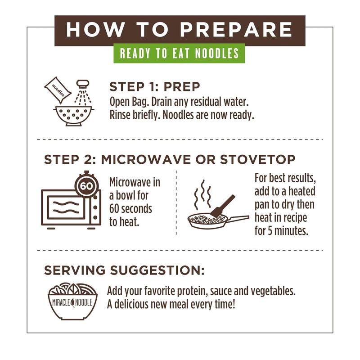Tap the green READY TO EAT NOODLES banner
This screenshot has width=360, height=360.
point(179,54)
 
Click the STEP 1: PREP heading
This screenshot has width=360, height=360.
point(155,86)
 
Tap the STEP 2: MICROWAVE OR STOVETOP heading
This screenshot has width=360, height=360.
point(170,159)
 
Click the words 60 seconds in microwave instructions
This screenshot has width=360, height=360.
point(131,209)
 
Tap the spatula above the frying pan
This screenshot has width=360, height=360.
point(224,205)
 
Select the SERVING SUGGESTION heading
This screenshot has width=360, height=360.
point(124,270)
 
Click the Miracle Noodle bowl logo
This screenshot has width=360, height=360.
point(72,301)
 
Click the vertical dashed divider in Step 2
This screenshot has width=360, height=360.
point(176,202)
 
